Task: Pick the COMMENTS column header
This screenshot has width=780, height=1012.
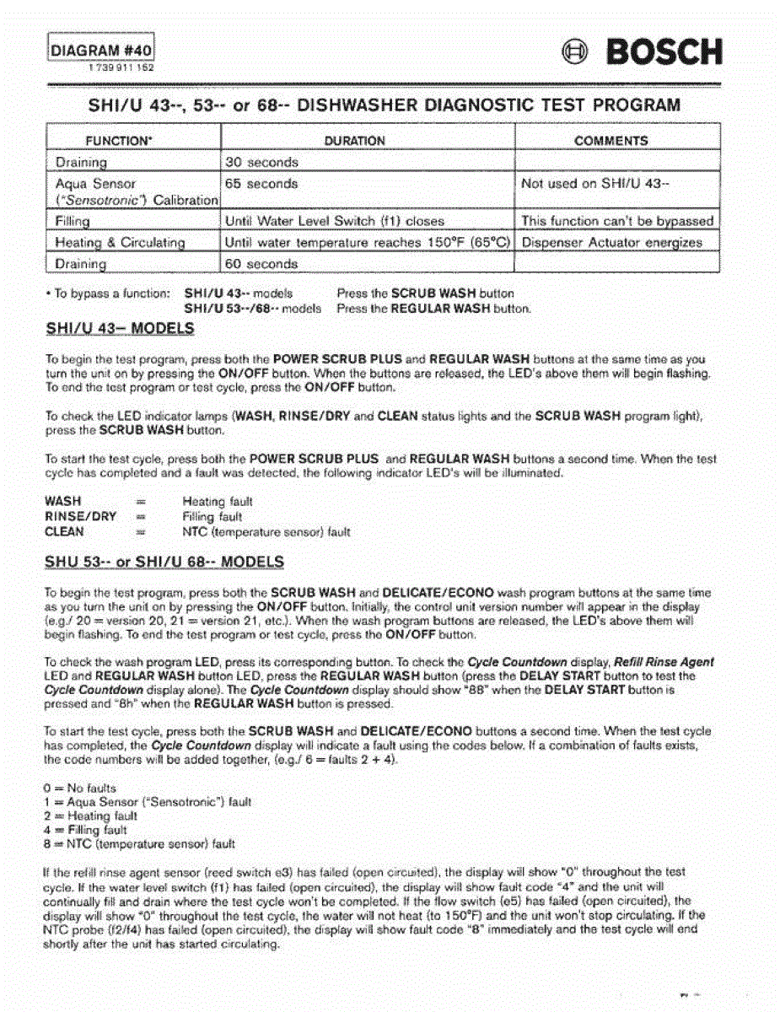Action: click(611, 141)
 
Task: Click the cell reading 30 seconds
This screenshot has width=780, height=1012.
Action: click(261, 162)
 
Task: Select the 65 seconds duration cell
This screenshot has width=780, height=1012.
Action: click(261, 183)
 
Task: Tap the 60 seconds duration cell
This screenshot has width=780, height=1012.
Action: click(261, 264)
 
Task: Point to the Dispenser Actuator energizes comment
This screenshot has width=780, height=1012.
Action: click(611, 243)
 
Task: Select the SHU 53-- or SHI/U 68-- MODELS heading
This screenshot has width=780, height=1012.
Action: click(164, 562)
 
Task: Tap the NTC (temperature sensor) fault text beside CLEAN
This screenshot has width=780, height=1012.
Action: click(266, 532)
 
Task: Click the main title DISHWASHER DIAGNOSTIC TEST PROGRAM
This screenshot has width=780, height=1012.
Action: click(488, 106)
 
